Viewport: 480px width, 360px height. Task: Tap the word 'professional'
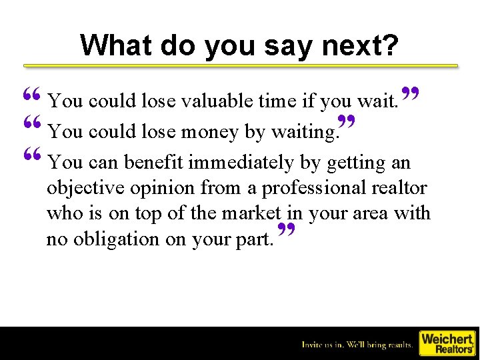[x=313, y=188]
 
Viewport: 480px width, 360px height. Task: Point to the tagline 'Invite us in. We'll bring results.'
[x=357, y=345]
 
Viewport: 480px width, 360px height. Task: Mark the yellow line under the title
[x=241, y=66]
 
